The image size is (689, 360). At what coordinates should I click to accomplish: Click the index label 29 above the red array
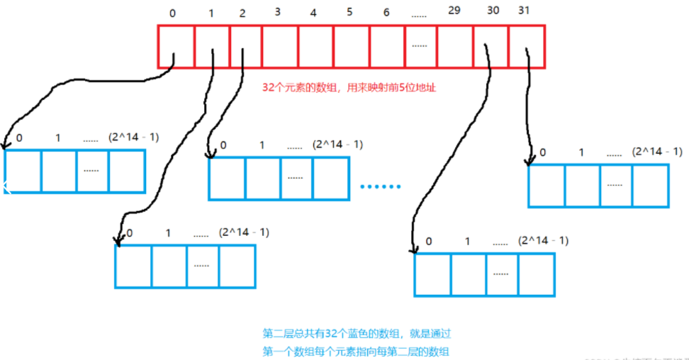tap(454, 13)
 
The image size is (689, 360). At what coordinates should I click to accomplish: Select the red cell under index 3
tap(279, 46)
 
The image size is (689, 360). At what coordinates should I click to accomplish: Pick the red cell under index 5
tap(352, 46)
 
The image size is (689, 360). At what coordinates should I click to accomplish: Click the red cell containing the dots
tap(420, 46)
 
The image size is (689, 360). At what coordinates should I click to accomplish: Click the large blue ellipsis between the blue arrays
tap(381, 186)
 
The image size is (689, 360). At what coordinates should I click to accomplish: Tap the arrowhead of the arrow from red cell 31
tap(528, 162)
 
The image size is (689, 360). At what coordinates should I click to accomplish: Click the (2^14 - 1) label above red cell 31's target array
tap(658, 152)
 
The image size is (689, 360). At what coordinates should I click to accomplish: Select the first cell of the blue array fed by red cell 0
tap(23, 171)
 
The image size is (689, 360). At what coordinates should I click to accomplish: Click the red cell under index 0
tap(176, 46)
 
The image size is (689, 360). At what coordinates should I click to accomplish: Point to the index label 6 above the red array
tap(386, 13)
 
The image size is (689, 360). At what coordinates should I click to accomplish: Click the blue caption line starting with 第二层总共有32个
tap(357, 332)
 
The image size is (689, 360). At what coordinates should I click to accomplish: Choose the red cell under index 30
tap(491, 46)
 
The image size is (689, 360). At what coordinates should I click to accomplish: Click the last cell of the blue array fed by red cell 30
tap(537, 274)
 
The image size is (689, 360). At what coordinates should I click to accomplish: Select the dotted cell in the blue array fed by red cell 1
tap(203, 266)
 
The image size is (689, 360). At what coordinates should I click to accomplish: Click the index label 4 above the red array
tap(313, 13)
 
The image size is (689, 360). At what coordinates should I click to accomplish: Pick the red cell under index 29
tap(455, 46)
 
